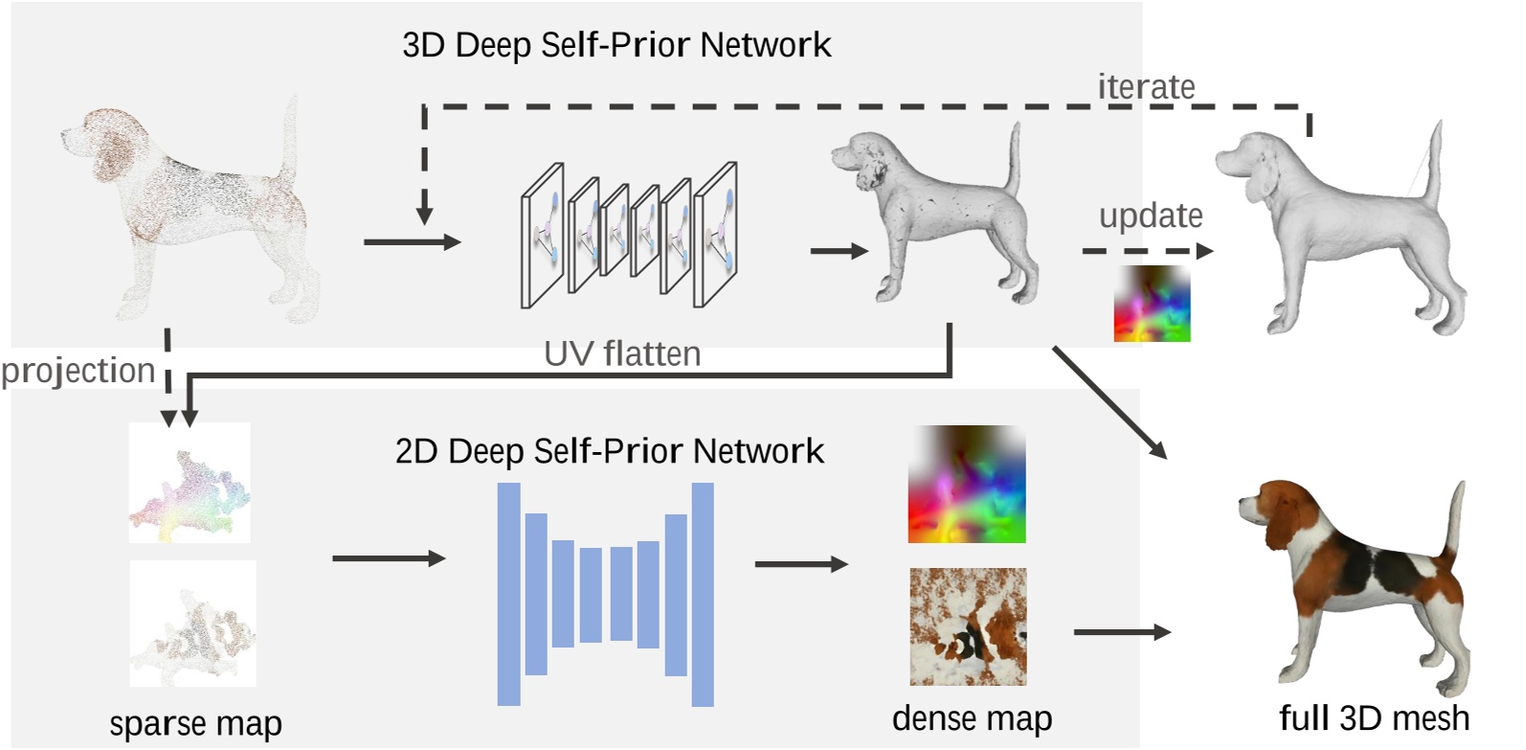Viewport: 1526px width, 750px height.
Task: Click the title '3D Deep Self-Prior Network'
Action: (x=617, y=45)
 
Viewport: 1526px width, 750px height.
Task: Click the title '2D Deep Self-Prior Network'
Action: (x=609, y=451)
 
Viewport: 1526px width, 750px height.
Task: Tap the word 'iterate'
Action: (x=1146, y=87)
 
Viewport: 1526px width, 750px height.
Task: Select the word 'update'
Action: (x=1150, y=216)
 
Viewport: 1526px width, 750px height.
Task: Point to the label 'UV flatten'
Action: (x=622, y=354)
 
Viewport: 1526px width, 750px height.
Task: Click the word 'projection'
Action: (x=79, y=371)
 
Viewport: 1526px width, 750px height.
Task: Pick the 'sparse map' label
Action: (x=195, y=723)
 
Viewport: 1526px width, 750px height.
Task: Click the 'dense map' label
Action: (x=972, y=718)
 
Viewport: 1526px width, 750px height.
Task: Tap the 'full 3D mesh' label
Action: (x=1373, y=717)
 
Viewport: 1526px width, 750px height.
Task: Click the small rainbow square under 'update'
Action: (x=1152, y=304)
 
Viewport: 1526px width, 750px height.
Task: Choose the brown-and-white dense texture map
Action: (x=968, y=626)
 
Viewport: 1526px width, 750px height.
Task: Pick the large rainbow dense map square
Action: (x=967, y=485)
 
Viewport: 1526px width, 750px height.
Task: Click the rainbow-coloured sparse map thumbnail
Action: (x=190, y=483)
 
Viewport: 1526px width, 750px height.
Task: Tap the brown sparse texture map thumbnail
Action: (x=192, y=624)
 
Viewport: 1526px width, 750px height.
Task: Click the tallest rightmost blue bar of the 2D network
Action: (x=703, y=594)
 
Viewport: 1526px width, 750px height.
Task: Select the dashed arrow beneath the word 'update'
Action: (x=1147, y=251)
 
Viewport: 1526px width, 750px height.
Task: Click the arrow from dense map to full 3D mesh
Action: (x=1121, y=632)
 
